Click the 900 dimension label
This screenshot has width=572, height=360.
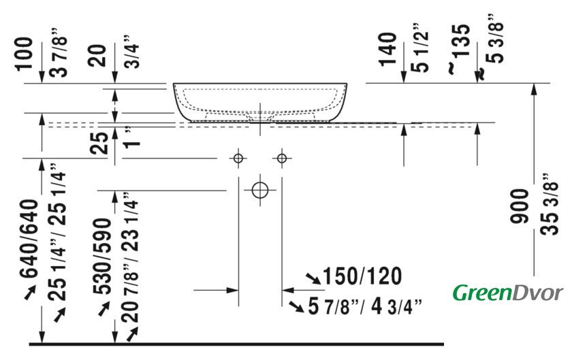click(519, 206)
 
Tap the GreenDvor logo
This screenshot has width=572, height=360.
click(508, 293)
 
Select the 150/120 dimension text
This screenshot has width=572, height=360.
click(362, 276)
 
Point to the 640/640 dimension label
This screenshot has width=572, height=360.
click(29, 239)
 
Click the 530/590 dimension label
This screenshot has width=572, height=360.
click(102, 256)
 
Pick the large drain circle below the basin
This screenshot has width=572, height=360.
click(259, 190)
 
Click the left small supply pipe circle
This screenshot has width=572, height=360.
click(238, 159)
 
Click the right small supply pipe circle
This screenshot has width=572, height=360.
click(282, 159)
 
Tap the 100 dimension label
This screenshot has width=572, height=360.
click(24, 53)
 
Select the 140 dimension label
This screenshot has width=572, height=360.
click(387, 50)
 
